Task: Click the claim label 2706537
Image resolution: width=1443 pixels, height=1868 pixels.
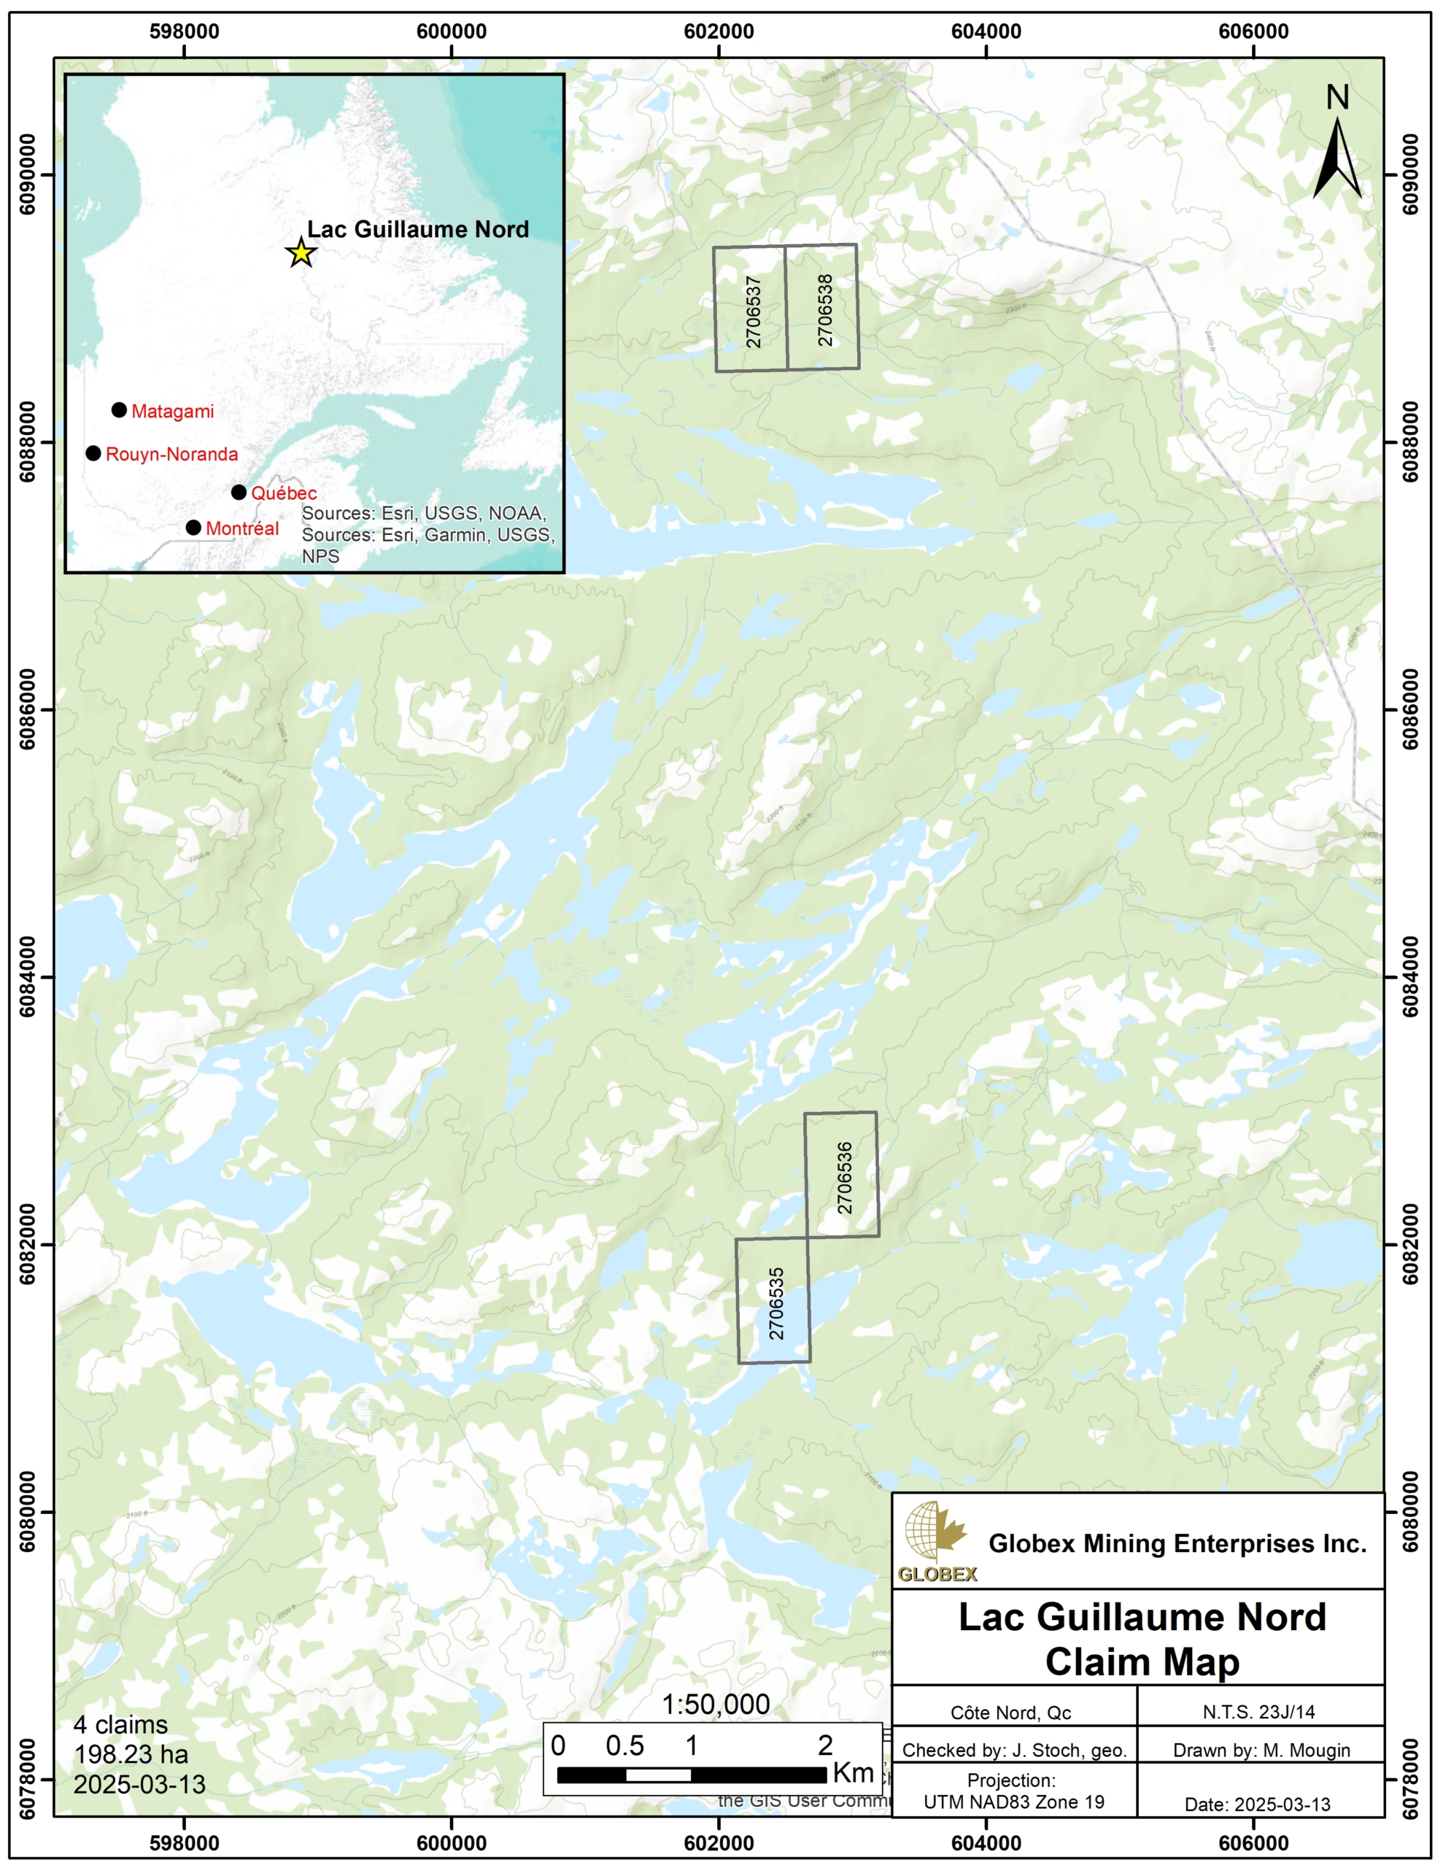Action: (x=753, y=312)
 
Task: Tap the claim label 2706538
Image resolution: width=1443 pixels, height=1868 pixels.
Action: (x=824, y=309)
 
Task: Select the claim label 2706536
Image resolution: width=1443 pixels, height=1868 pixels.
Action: (x=844, y=1178)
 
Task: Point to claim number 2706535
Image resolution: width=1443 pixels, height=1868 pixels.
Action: (x=775, y=1302)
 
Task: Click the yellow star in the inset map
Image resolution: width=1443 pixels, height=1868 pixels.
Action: (x=301, y=253)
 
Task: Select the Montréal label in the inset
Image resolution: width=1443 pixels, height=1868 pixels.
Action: (x=242, y=528)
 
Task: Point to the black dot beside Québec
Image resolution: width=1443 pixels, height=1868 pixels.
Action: (x=239, y=493)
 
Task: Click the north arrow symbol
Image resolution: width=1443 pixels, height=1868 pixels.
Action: (x=1337, y=158)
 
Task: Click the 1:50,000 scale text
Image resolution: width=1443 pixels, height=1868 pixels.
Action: (x=715, y=1705)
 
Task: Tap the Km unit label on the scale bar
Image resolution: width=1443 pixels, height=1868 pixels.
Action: (x=853, y=1773)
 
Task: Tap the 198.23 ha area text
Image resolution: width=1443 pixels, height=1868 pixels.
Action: (x=131, y=1754)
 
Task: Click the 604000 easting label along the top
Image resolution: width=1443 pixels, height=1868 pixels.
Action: (x=986, y=31)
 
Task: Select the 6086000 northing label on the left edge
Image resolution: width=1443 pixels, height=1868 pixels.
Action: (x=28, y=709)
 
